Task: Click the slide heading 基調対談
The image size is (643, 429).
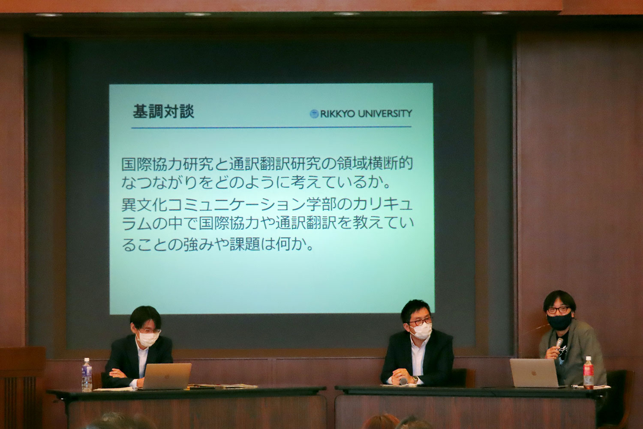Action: pyautogui.click(x=163, y=112)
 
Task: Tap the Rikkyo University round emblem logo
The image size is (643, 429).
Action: pyautogui.click(x=314, y=114)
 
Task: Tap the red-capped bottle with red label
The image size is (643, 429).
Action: pyautogui.click(x=588, y=373)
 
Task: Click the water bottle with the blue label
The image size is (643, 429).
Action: pyautogui.click(x=87, y=375)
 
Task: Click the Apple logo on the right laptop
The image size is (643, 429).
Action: pyautogui.click(x=534, y=374)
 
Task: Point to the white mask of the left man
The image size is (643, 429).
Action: pyautogui.click(x=148, y=338)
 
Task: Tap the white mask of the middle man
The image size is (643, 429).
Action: pyautogui.click(x=421, y=331)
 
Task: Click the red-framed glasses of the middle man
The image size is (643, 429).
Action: pyautogui.click(x=420, y=322)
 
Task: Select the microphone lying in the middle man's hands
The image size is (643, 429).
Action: pyautogui.click(x=403, y=381)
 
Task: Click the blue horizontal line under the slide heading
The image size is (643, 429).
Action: pyautogui.click(x=271, y=127)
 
